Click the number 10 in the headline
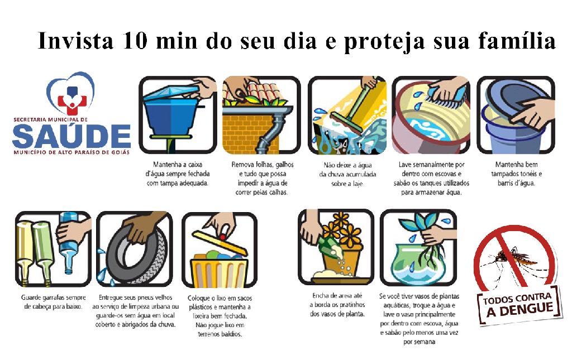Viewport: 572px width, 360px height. pyautogui.click(x=135, y=40)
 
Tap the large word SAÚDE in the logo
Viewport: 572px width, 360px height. pyautogui.click(x=71, y=136)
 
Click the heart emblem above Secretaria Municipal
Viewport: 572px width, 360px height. pyautogui.click(x=71, y=93)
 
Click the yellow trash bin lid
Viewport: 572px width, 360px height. pyautogui.click(x=220, y=242)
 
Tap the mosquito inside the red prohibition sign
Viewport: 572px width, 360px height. pyautogui.click(x=514, y=260)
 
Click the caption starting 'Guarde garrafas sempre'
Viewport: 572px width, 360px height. pyautogui.click(x=53, y=302)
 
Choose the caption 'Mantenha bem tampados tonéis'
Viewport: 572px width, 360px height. pyautogui.click(x=516, y=174)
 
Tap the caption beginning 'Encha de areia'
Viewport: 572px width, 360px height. pyautogui.click(x=337, y=305)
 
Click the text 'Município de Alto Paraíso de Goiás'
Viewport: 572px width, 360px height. pyautogui.click(x=71, y=152)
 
